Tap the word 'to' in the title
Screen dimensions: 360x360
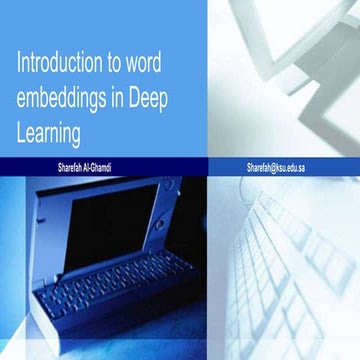(x=119, y=66)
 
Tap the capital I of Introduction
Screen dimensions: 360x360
(x=20, y=66)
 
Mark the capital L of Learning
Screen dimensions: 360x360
(x=22, y=131)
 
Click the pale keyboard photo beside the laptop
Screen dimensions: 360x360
(x=290, y=270)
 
